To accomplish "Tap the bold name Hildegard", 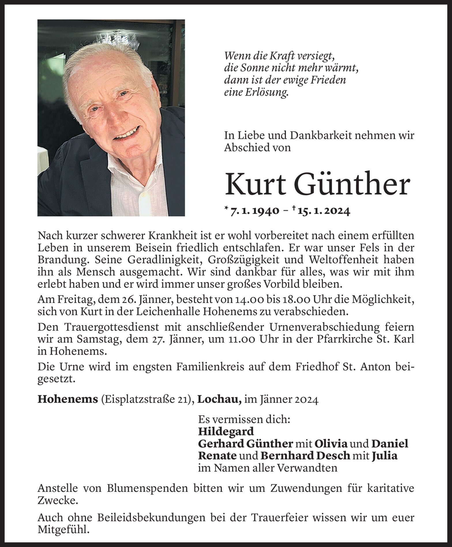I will click(x=226, y=431).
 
